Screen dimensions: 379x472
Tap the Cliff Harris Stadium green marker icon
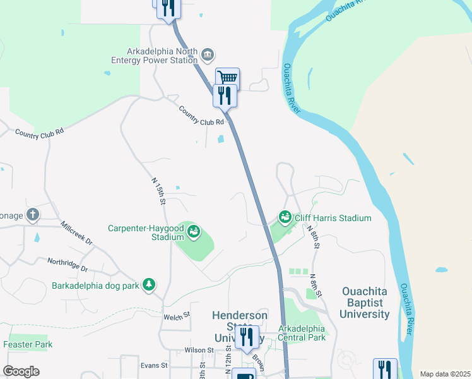point(285,218)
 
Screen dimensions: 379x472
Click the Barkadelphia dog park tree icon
point(149,285)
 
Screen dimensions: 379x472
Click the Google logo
point(21,371)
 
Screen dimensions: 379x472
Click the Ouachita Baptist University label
point(365,303)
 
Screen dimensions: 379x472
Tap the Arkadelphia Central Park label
point(302,333)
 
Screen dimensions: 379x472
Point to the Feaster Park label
point(28,344)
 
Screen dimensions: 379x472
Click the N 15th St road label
point(158,191)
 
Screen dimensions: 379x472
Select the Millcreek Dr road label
point(76,233)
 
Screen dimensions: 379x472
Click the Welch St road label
point(177,316)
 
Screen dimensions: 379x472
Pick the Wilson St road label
point(200,350)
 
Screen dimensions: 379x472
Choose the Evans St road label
point(154,365)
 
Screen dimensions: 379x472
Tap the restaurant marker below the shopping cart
point(225,95)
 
